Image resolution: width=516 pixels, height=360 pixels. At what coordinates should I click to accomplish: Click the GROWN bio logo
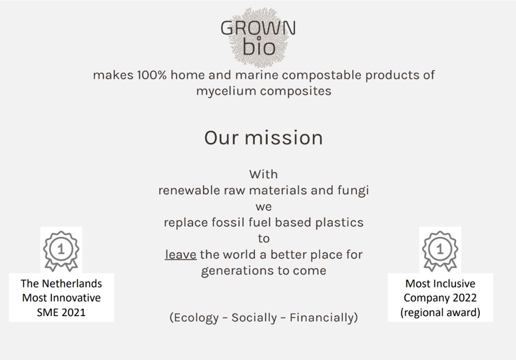point(258,37)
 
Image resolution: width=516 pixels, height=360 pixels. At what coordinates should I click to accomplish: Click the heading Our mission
point(263,138)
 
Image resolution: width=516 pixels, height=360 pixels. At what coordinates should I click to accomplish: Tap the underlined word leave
point(180,254)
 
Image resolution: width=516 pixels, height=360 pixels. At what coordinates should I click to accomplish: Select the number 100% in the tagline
point(152,75)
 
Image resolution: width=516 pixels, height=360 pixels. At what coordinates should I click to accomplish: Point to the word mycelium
point(226,91)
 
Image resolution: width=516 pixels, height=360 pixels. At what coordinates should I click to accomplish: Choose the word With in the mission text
point(263,174)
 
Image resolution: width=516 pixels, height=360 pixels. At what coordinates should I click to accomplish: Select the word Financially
point(322,317)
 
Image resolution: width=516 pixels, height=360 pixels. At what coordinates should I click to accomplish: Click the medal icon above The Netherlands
point(61,251)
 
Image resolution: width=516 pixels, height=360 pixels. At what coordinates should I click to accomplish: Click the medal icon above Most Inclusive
point(440,251)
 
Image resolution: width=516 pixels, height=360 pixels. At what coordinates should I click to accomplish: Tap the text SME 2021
point(61,312)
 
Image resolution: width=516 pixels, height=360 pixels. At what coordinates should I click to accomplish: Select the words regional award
point(440,312)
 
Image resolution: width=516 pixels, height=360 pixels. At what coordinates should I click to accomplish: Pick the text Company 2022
point(440,298)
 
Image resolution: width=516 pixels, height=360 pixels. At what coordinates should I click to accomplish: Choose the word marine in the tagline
point(257,75)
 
